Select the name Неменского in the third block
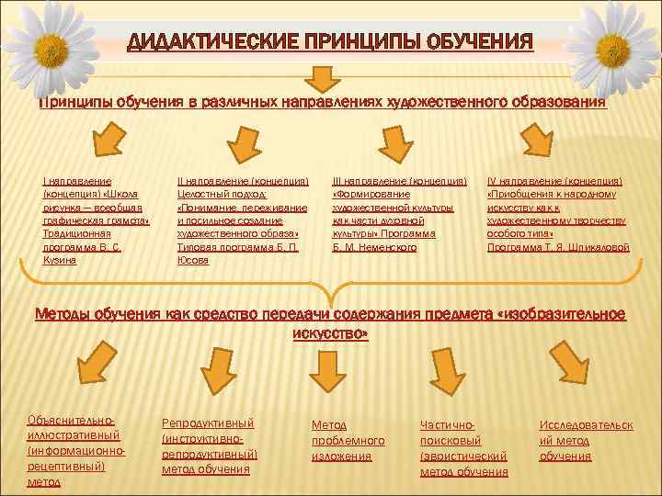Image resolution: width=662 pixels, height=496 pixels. (x=380, y=248)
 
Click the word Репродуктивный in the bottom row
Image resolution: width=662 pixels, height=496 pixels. (x=208, y=423)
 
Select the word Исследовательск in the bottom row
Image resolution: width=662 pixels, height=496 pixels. (x=586, y=424)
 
